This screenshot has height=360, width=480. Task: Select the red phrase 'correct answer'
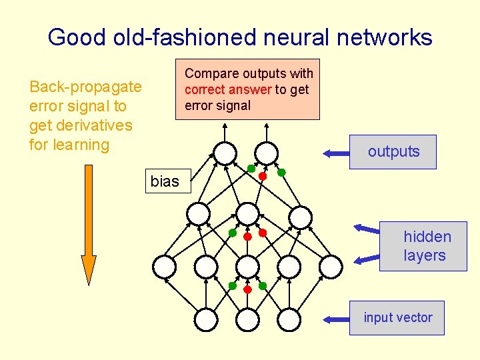point(228,89)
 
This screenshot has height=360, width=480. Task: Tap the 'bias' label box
point(165,181)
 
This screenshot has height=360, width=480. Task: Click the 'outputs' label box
point(393,152)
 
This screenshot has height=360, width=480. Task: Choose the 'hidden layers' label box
point(423,246)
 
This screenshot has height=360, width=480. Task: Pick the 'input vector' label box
point(397,318)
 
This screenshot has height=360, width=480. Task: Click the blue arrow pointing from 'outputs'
point(337,153)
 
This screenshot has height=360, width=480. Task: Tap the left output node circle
point(225,153)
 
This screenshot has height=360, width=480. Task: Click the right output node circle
point(266,153)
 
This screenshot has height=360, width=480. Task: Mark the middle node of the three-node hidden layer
point(247,214)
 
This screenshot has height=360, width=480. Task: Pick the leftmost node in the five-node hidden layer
point(164,267)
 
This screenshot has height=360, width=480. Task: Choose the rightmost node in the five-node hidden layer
point(331,267)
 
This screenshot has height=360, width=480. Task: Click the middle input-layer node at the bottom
point(247,319)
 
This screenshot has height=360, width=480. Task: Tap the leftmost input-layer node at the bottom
point(206,319)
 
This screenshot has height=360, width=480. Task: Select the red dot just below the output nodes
point(263,177)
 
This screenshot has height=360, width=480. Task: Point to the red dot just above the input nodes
point(247,290)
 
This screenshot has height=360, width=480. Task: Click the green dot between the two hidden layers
point(233,233)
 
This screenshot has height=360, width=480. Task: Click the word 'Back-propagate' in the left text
point(85,87)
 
